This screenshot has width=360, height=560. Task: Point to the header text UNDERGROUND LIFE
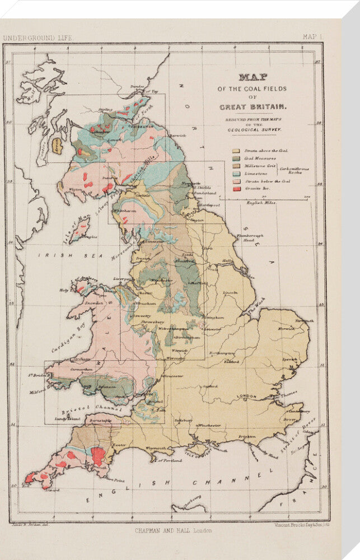(x=38, y=38)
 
